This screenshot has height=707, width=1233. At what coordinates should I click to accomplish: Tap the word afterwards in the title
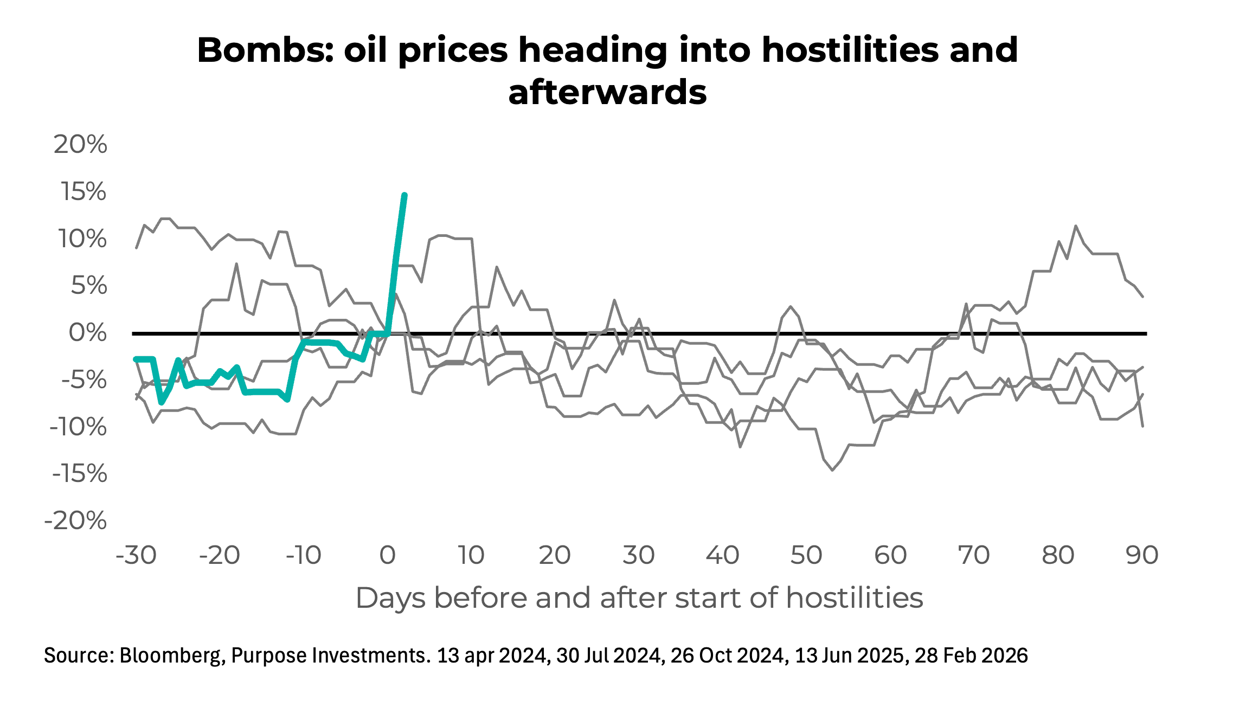(x=607, y=92)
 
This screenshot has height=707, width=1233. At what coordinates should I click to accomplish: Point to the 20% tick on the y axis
(x=80, y=144)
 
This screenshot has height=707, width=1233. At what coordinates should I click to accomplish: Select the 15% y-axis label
(x=83, y=191)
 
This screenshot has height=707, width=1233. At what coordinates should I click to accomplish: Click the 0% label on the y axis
(x=87, y=332)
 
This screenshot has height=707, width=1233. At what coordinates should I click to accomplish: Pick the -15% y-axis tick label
(x=79, y=474)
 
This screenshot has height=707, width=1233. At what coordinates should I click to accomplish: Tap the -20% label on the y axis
(x=75, y=521)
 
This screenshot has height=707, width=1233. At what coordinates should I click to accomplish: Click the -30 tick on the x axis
(x=136, y=555)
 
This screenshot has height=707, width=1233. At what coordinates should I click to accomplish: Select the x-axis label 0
(x=387, y=555)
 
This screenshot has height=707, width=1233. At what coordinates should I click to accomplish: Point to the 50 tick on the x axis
(x=806, y=555)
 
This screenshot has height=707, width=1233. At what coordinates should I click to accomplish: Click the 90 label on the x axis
(x=1142, y=555)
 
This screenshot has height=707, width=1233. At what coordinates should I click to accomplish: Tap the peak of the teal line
(x=404, y=195)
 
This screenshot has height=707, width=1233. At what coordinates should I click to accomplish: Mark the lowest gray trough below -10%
(x=832, y=470)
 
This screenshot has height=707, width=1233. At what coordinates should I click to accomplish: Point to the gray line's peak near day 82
(x=1076, y=226)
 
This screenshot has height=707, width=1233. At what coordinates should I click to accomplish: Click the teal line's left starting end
(x=136, y=359)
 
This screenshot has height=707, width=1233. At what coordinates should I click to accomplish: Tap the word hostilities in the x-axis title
(x=854, y=598)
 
